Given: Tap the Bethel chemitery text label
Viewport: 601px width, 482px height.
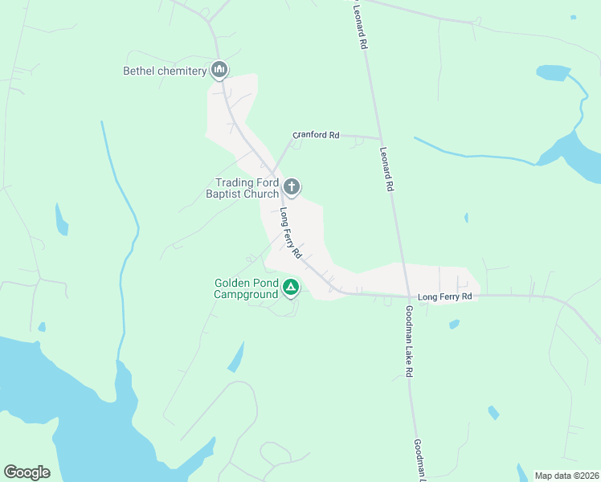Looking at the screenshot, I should (x=165, y=71).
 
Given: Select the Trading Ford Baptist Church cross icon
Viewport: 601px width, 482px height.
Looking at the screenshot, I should (x=292, y=188).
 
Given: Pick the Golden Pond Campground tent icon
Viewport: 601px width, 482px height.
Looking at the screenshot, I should (x=291, y=287).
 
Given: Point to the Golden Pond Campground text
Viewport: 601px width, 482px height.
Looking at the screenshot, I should (x=246, y=288).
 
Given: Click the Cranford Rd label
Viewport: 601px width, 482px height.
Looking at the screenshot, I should (x=316, y=135).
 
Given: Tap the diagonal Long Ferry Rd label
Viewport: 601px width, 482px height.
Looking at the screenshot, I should (x=290, y=233).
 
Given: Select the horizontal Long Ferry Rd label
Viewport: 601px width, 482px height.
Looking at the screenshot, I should (x=444, y=297).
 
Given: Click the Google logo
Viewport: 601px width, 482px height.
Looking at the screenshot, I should (x=27, y=472).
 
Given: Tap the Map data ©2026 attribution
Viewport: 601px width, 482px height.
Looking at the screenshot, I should (x=566, y=476).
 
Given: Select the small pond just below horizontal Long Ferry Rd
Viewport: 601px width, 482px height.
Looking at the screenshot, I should (x=454, y=324).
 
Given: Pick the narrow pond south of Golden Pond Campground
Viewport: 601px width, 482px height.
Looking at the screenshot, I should (x=236, y=357).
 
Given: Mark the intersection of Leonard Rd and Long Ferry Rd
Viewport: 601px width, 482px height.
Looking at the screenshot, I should (x=406, y=296).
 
